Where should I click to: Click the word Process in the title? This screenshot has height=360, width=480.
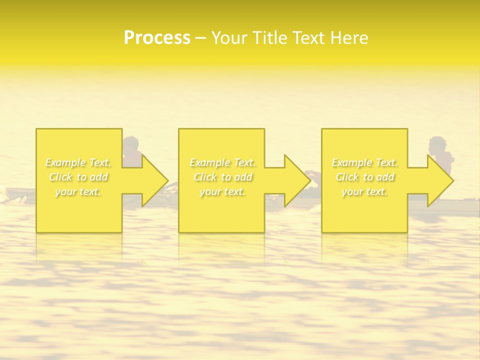coord(157,37)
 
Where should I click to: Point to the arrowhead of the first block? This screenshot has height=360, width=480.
coord(155,180)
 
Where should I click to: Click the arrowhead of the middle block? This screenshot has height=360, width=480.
coord(297,180)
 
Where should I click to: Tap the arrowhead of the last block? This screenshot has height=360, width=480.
coord(440,180)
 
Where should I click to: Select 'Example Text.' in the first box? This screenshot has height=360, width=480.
coord(78,162)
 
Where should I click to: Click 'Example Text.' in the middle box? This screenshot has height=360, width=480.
coord(222,162)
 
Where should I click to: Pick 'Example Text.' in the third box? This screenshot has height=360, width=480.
coord(364,162)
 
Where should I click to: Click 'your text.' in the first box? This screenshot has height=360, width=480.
coord(78,191)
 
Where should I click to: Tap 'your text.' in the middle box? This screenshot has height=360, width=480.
coord(222,191)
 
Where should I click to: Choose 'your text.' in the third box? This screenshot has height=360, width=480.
coord(364,191)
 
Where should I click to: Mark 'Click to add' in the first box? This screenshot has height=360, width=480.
coord(78,177)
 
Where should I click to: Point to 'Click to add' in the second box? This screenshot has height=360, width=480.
coord(222,177)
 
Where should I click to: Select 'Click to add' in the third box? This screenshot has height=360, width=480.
coord(365,177)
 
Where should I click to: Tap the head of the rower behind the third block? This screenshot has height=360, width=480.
coord(438,145)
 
